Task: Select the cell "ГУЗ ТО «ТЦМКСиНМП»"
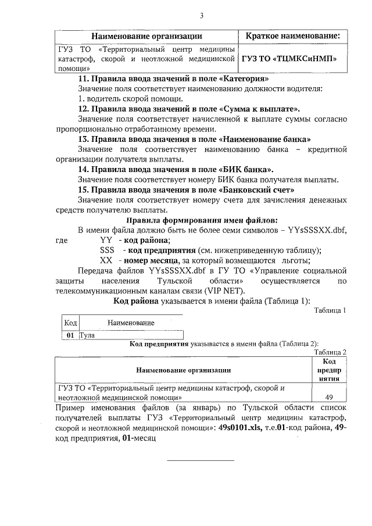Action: tap(289, 59)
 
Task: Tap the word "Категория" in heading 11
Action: tap(246, 78)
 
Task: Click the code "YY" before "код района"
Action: tap(106, 240)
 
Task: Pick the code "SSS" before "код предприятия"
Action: tap(108, 251)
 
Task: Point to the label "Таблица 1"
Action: tap(330, 310)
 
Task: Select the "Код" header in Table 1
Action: tap(70, 323)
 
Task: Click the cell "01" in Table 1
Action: tap(71, 335)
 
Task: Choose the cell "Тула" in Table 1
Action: tap(87, 335)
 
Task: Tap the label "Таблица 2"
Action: tap(330, 353)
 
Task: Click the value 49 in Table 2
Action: tap(329, 397)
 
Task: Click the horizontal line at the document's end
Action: tap(201, 460)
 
